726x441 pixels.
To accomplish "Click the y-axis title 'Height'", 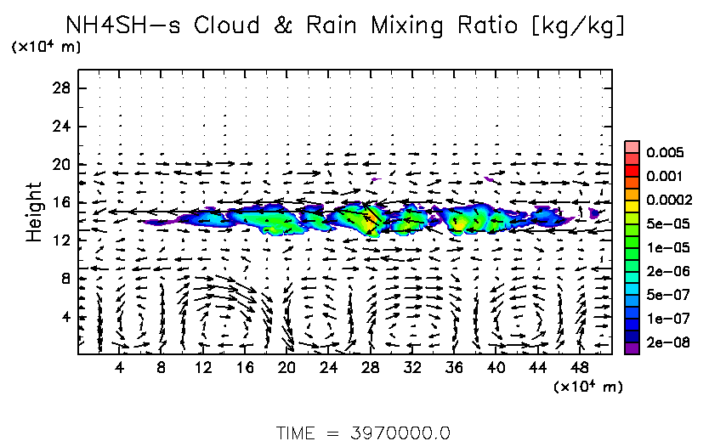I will (x=34, y=211).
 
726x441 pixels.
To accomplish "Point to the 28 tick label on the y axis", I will (x=62, y=88).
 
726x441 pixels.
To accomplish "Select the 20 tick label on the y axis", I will (x=62, y=165).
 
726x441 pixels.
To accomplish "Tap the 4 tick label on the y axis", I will (x=65, y=317).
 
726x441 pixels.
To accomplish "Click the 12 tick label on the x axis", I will (x=203, y=368).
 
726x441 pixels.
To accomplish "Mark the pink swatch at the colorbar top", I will (x=632, y=147).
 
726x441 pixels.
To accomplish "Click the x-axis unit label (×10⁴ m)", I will (x=588, y=387).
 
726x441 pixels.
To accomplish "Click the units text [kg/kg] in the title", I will (x=577, y=26).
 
